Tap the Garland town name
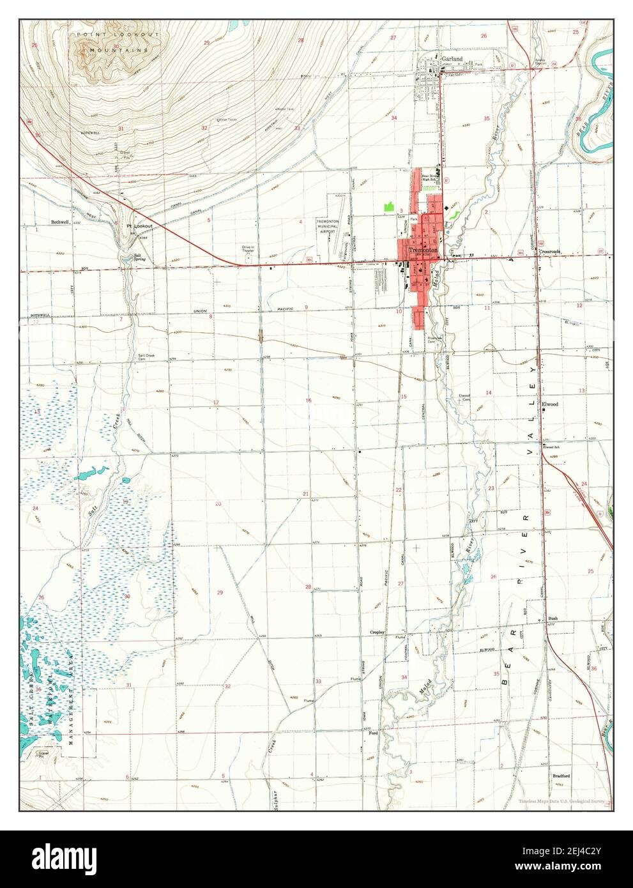pos(452,58)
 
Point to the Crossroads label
pos(549,252)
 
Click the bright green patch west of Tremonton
pos(388,206)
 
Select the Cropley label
pos(378,632)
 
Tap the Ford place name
pos(374,733)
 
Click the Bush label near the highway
pos(553,619)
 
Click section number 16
pos(309,401)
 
